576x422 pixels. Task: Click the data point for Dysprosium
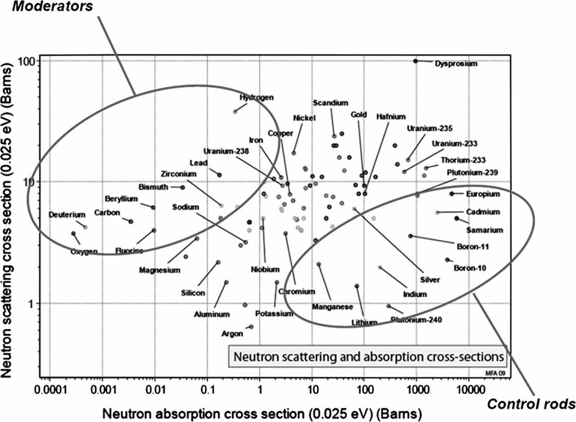[416, 61]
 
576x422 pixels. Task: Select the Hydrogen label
[256, 97]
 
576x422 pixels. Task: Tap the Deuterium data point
[85, 227]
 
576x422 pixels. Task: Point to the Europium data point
[452, 194]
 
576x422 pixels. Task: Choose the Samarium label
[484, 230]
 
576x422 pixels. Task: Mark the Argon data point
[251, 326]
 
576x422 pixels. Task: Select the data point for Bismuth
[182, 187]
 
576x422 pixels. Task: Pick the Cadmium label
[483, 212]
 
